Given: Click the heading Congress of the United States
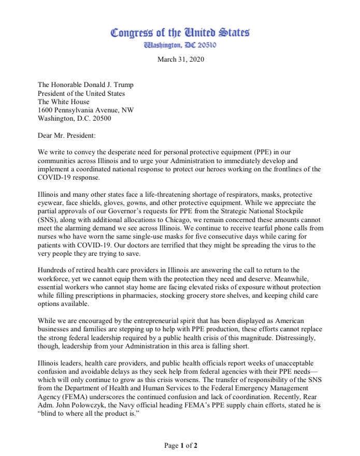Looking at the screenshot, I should pyautogui.click(x=180, y=33).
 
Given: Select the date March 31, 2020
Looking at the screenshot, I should pyautogui.click(x=180, y=59).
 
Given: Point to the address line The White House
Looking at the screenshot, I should pyautogui.click(x=63, y=102).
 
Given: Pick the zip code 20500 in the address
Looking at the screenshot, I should pyautogui.click(x=99, y=118).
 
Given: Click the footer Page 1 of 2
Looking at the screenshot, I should pyautogui.click(x=180, y=445).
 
